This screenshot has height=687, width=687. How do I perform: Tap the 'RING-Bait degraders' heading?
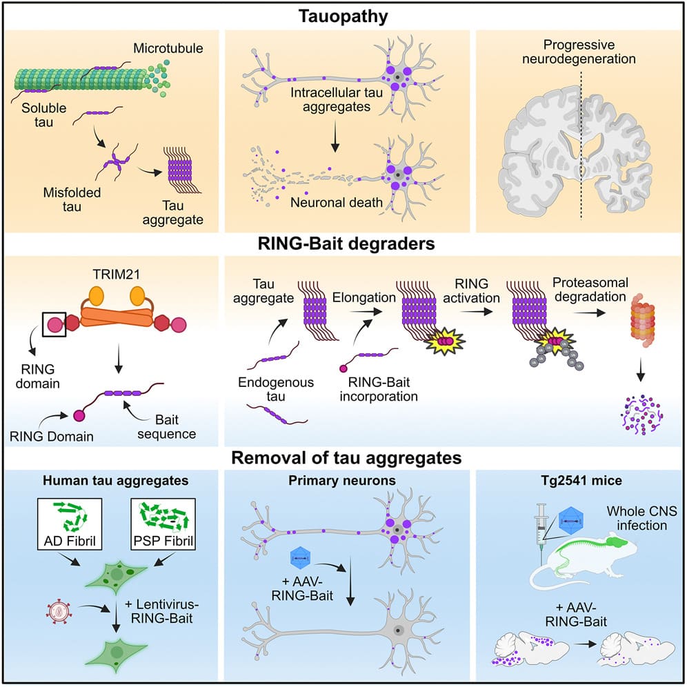pyautogui.click(x=343, y=244)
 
